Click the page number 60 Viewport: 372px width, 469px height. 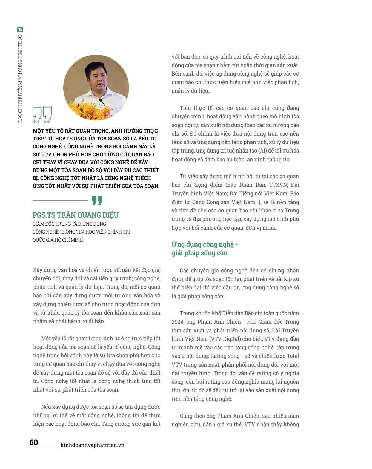(34, 442)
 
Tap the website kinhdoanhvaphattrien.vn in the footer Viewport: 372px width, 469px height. (92, 445)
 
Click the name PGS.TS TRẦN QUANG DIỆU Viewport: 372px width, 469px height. (76, 215)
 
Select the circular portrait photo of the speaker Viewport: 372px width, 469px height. (96, 88)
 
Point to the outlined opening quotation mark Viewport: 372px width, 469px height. (42, 114)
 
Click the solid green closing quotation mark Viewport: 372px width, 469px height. (97, 200)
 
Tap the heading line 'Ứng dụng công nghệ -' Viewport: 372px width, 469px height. (205, 244)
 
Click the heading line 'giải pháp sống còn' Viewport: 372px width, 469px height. (199, 253)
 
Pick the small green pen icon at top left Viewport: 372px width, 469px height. (20, 29)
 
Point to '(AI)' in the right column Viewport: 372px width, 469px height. (263, 151)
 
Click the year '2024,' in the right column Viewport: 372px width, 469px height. (179, 322)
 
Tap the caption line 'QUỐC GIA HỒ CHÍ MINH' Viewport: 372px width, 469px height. (58, 240)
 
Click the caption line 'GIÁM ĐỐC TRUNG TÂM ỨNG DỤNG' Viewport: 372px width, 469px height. (69, 224)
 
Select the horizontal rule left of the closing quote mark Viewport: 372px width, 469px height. (60, 201)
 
